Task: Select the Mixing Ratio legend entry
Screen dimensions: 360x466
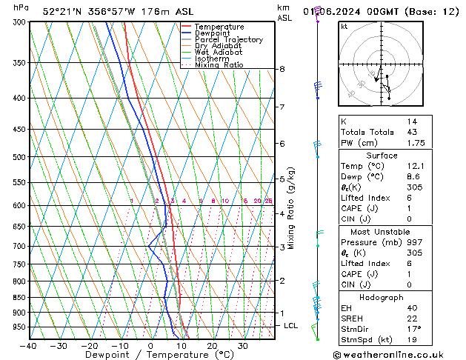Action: pos(219,65)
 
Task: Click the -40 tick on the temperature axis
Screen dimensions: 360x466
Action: pos(28,346)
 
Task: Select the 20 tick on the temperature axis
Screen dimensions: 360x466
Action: pos(212,346)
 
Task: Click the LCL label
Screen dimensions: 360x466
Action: pos(291,326)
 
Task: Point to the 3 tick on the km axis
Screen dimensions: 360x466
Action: pos(282,247)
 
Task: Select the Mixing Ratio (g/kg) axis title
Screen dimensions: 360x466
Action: pos(292,207)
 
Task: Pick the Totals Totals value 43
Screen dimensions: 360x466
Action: pos(412,132)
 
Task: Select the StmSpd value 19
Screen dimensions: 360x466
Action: pos(412,341)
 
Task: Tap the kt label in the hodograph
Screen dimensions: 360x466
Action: pos(344,26)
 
